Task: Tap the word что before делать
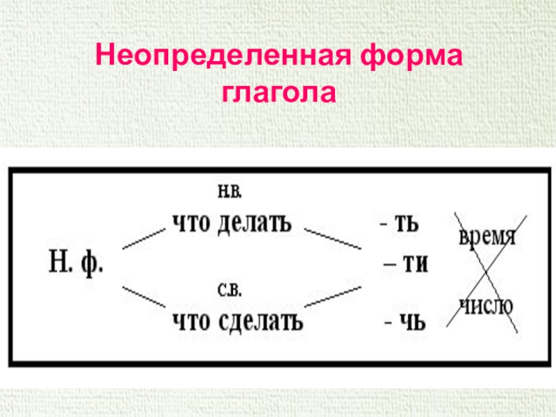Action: [x=190, y=225]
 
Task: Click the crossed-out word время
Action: [x=486, y=238]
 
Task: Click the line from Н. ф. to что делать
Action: [x=144, y=239]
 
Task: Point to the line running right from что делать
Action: [x=333, y=238]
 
